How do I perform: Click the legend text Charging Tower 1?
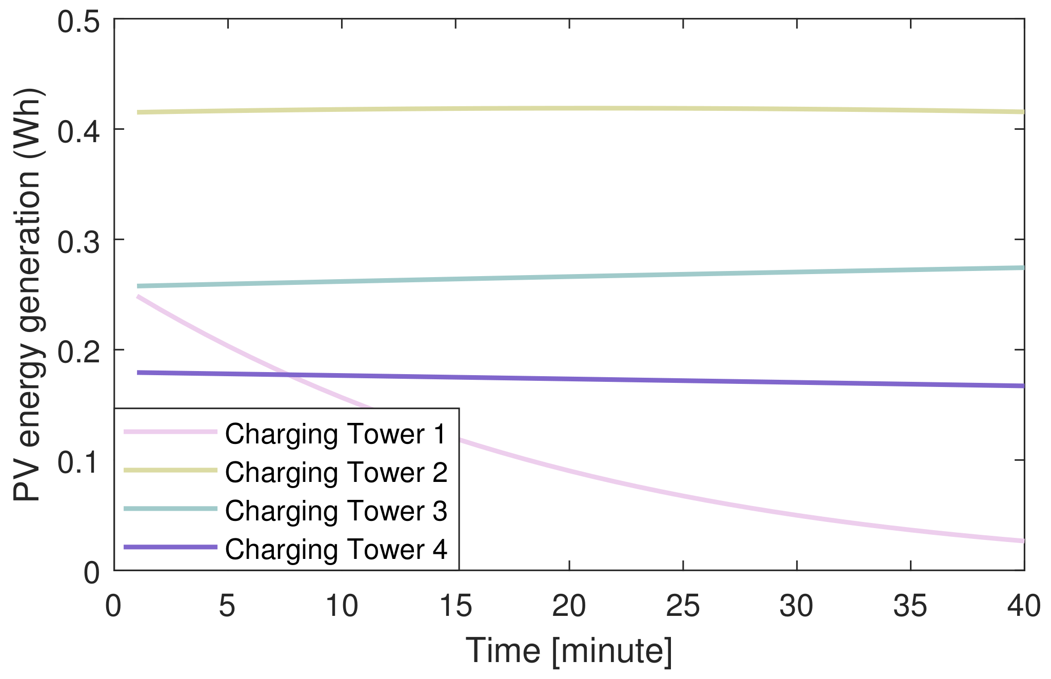click(x=336, y=434)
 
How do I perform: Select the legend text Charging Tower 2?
click(x=336, y=472)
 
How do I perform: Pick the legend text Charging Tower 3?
click(x=336, y=511)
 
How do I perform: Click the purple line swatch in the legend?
click(x=171, y=547)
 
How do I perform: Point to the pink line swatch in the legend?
click(x=171, y=432)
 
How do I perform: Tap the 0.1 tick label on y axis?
click(x=78, y=462)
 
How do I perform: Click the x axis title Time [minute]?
click(x=568, y=651)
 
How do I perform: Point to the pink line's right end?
click(x=1023, y=541)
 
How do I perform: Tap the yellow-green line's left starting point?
click(x=137, y=112)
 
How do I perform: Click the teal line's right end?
click(x=1023, y=267)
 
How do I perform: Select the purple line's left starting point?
click(x=137, y=373)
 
